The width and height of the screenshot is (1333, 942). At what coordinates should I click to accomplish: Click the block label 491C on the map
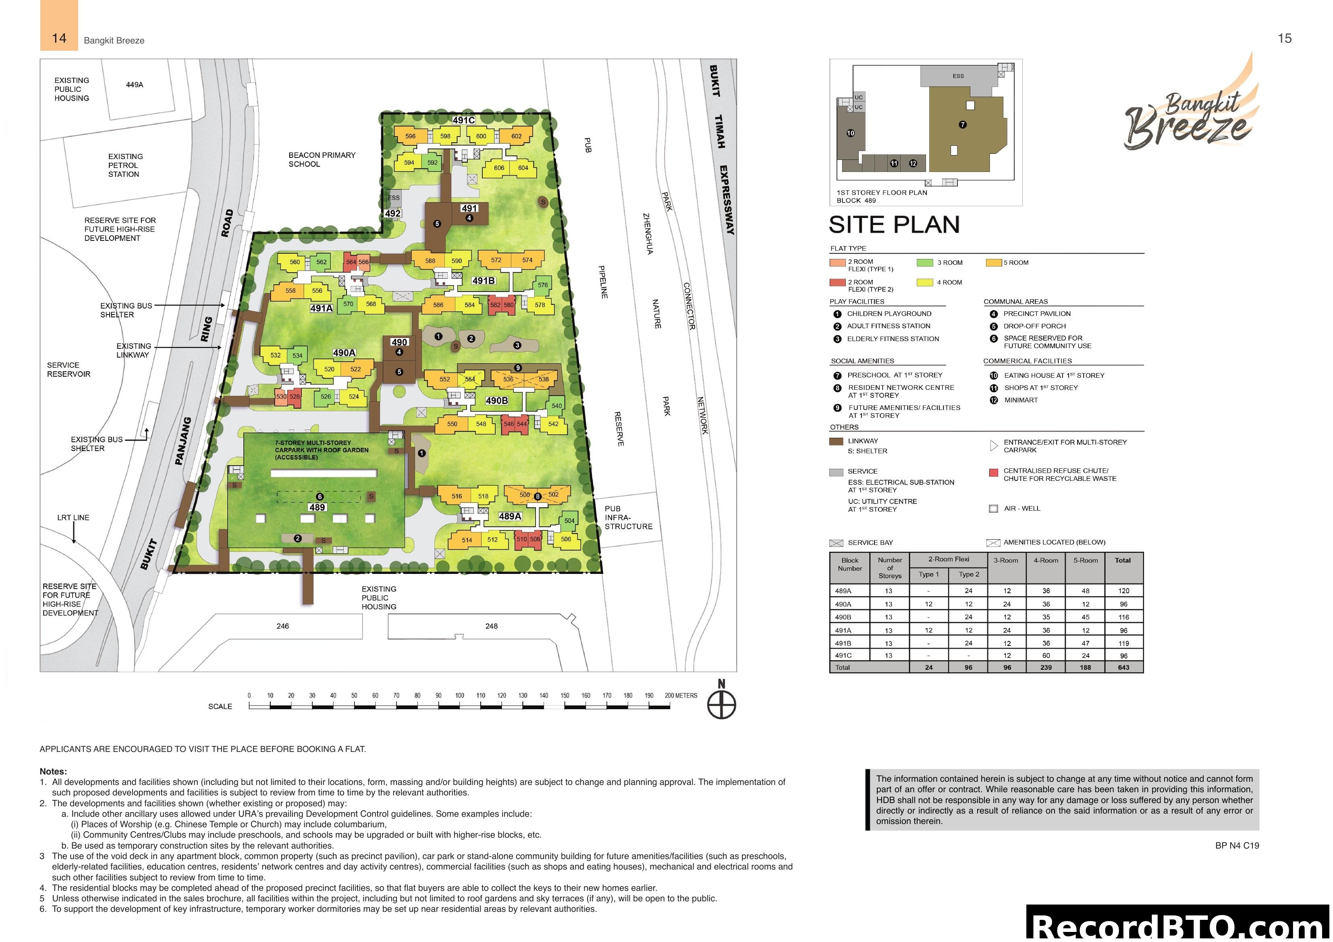[x=463, y=120]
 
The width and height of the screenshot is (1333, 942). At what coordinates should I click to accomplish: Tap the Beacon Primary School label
[x=322, y=159]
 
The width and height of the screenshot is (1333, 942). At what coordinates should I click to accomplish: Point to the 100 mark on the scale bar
[x=459, y=696]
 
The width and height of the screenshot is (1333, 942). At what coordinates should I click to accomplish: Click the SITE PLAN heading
[x=894, y=225]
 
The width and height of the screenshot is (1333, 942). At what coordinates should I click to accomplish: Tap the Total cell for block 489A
[x=1123, y=591]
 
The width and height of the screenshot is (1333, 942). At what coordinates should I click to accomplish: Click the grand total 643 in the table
[x=1123, y=667]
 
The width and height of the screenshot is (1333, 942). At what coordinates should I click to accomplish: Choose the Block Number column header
[x=849, y=565]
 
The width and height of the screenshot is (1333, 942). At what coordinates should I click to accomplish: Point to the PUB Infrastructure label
[x=628, y=517]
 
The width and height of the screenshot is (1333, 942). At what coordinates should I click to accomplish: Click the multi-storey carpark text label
[x=321, y=450]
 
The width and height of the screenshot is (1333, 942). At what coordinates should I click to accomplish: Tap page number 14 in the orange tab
[x=59, y=38]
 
